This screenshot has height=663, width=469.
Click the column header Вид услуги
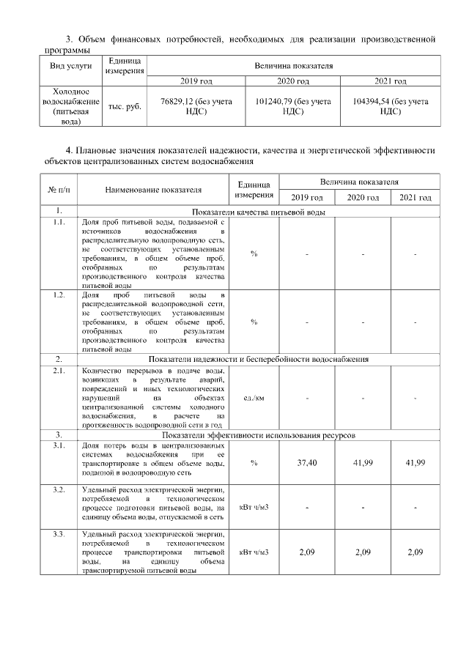(70, 66)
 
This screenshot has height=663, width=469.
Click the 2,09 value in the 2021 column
(415, 552)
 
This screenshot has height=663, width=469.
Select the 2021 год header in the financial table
(390, 81)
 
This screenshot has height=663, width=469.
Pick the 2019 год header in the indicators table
(306, 198)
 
